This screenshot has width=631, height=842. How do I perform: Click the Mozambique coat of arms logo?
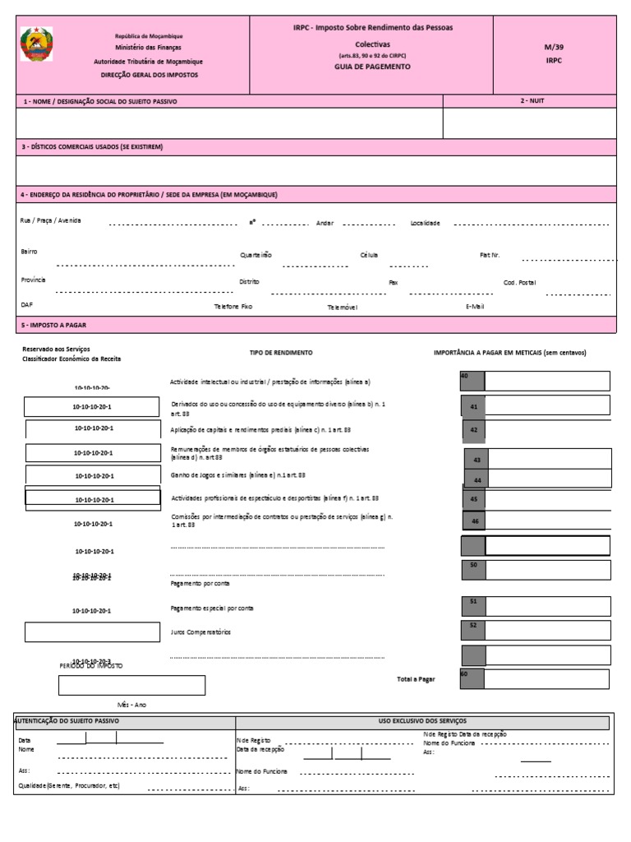point(36,44)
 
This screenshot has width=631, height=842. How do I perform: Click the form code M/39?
point(554,47)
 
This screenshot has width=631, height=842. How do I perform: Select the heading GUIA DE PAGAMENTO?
point(372,67)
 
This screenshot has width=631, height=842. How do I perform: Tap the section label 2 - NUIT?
point(532,100)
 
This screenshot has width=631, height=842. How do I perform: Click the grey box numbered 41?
point(473,406)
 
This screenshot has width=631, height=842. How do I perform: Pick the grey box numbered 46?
point(474,521)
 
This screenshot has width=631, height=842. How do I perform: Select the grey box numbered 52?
point(472,626)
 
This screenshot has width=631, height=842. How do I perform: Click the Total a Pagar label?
point(416,679)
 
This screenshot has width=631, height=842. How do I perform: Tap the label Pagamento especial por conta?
point(211,608)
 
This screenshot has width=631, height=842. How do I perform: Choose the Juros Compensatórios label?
point(200,631)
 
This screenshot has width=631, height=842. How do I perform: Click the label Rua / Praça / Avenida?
point(51,220)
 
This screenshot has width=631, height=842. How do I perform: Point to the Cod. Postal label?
point(519,282)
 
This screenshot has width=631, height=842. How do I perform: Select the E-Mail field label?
point(475,306)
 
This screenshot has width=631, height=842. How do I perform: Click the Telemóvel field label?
point(343,307)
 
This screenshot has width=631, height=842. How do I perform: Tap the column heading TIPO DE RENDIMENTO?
point(281,352)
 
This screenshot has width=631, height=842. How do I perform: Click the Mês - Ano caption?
point(131,705)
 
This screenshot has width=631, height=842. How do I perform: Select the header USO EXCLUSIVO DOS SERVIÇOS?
point(422,721)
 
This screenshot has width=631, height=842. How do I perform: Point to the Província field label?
point(34,280)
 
